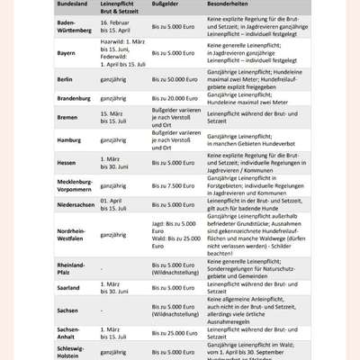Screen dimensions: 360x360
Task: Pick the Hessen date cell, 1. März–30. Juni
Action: (116, 163)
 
